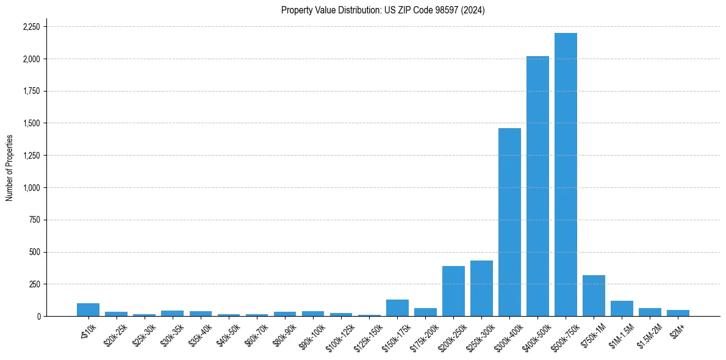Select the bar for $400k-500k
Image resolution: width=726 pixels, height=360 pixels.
tap(537, 186)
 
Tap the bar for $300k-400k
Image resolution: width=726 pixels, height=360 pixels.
tap(509, 222)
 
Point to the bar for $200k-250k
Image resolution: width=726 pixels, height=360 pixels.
tap(453, 291)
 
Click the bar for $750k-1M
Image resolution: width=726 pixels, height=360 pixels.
tap(594, 296)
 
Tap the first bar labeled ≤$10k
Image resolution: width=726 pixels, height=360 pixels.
tap(88, 310)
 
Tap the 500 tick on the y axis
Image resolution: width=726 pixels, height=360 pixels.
tap(35, 252)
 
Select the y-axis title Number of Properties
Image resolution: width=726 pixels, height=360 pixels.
tap(9, 168)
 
